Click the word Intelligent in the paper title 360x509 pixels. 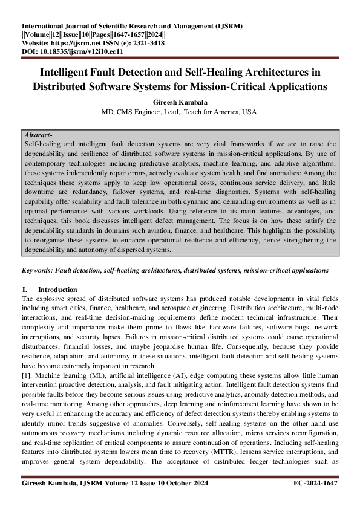click(x=68, y=72)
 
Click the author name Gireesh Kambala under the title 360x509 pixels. click(x=180, y=103)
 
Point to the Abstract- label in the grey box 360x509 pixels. click(x=38, y=135)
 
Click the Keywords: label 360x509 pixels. click(x=41, y=271)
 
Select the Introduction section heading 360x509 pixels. click(x=57, y=290)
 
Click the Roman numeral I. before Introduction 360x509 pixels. click(x=25, y=290)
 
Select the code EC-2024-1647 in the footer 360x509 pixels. click(x=315, y=483)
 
